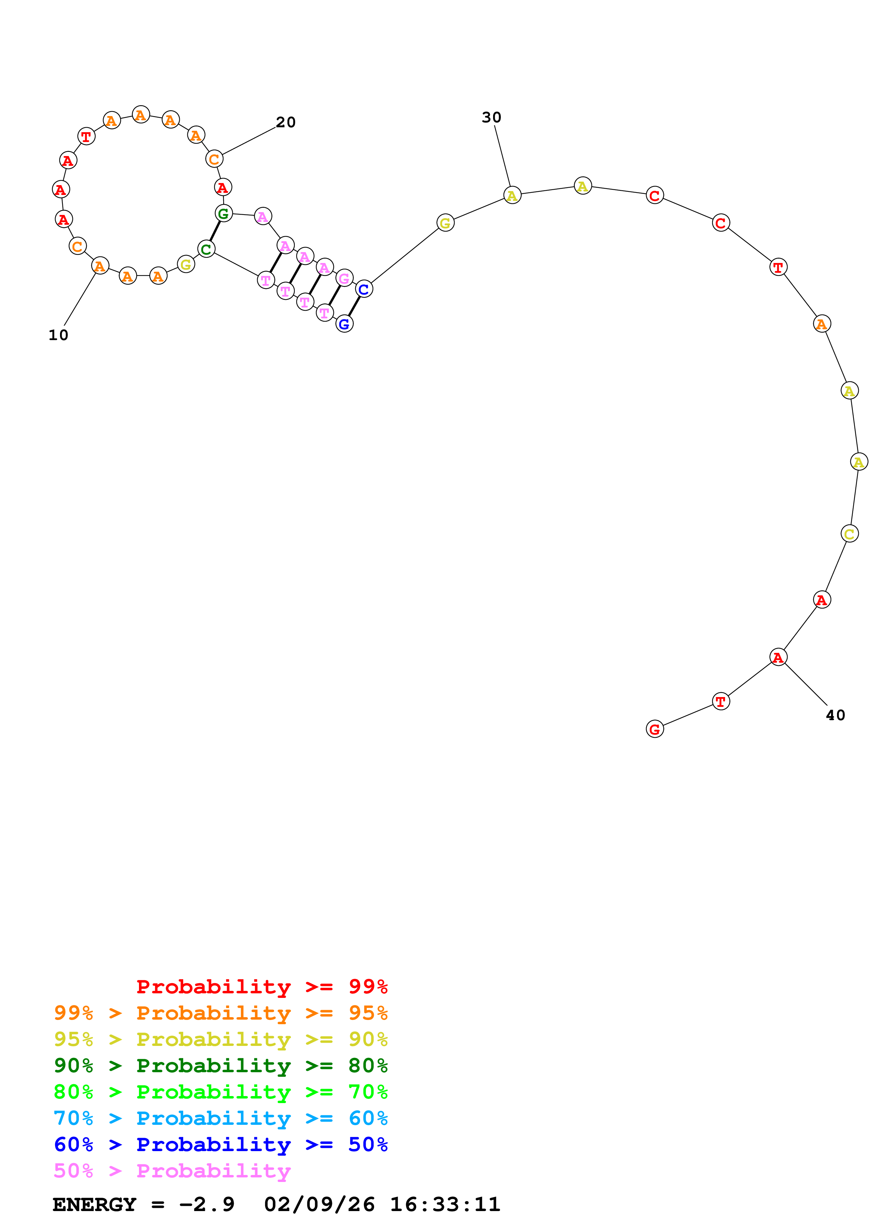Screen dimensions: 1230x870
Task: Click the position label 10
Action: [x=58, y=335]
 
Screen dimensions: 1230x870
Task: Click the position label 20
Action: [x=286, y=123]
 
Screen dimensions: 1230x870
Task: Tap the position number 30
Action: [x=492, y=118]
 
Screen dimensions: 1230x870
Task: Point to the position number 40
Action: [x=835, y=715]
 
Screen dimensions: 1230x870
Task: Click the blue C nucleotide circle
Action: [x=364, y=289]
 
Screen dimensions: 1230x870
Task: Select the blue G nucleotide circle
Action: [x=344, y=324]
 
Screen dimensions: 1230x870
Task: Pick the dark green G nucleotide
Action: [x=224, y=214]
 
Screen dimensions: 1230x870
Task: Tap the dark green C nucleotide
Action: [x=206, y=249]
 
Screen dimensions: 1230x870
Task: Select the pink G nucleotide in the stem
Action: [x=344, y=278]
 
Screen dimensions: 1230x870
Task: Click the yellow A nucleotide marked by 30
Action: [x=512, y=196]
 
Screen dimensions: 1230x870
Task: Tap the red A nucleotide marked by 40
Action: [x=778, y=657]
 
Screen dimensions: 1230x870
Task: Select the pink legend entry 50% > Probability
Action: [x=172, y=1171]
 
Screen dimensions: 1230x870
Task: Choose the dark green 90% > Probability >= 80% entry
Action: [x=220, y=1066]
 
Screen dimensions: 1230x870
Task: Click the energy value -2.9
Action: [x=207, y=1204]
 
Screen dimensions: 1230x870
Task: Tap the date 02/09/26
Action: [x=319, y=1204]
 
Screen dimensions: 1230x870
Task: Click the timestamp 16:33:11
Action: [x=445, y=1204]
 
